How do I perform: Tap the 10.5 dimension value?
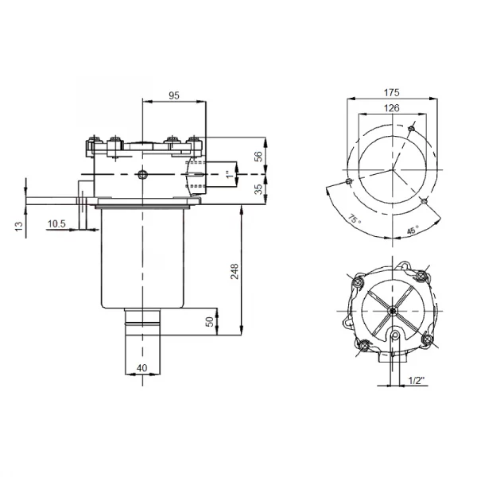(56, 224)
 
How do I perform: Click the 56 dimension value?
(258, 157)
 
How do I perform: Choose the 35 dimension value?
(258, 188)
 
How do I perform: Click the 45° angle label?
(411, 230)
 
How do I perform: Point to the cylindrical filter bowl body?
(142, 258)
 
